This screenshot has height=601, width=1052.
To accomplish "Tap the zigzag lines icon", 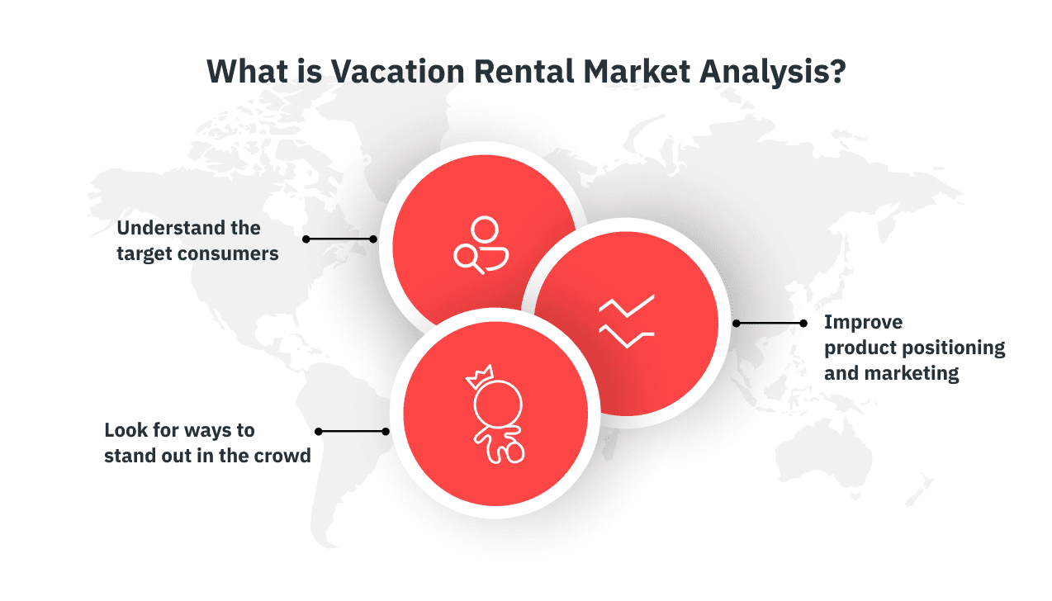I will (x=627, y=321).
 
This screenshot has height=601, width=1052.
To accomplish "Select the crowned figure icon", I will (x=496, y=413).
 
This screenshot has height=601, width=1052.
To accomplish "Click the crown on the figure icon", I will (x=479, y=376).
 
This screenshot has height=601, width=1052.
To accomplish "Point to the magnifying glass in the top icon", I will (x=468, y=258).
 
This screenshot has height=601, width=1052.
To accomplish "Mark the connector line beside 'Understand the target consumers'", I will (x=339, y=239).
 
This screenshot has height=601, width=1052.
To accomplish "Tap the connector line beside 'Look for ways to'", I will (x=352, y=431).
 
